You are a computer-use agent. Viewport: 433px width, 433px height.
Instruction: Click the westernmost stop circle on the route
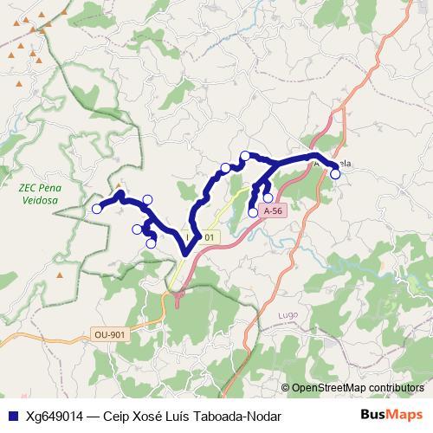pyautogui.click(x=97, y=209)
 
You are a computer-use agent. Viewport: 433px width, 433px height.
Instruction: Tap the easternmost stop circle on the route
pyautogui.click(x=335, y=174)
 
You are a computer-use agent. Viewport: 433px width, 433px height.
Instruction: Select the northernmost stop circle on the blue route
pyautogui.click(x=245, y=156)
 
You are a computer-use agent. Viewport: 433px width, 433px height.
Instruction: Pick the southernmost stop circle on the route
pyautogui.click(x=152, y=243)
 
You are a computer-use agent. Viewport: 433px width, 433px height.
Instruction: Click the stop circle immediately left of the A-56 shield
pyautogui.click(x=253, y=212)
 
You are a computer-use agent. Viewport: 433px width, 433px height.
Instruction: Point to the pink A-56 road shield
pyautogui.click(x=273, y=210)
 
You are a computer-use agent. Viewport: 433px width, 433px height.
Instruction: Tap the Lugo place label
pyautogui.click(x=288, y=313)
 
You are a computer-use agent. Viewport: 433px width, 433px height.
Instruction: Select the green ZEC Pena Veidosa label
pyautogui.click(x=38, y=193)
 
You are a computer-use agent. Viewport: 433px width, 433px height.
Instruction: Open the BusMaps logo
pyautogui.click(x=391, y=415)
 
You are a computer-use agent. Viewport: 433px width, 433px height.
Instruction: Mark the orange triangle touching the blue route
pyautogui.click(x=118, y=187)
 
